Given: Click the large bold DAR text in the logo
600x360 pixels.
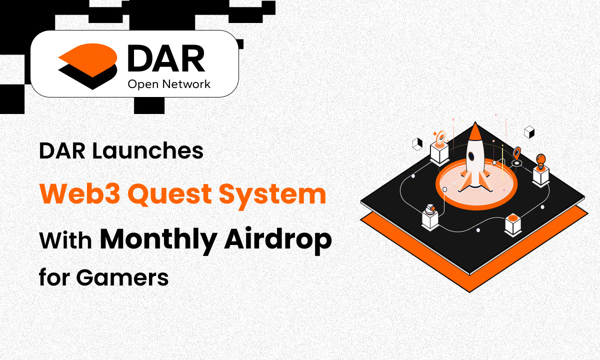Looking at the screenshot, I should (166, 59).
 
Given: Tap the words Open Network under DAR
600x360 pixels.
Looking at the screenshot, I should (169, 84).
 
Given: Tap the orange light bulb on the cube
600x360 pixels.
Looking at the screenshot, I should (540, 160).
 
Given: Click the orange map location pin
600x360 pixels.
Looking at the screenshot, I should (517, 154).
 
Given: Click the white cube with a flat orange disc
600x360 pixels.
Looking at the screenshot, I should (513, 222).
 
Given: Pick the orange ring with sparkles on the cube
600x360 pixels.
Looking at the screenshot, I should (440, 137).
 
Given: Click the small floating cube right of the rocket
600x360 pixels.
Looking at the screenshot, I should (529, 132).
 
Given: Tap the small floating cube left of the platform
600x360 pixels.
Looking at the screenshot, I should (416, 144).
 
